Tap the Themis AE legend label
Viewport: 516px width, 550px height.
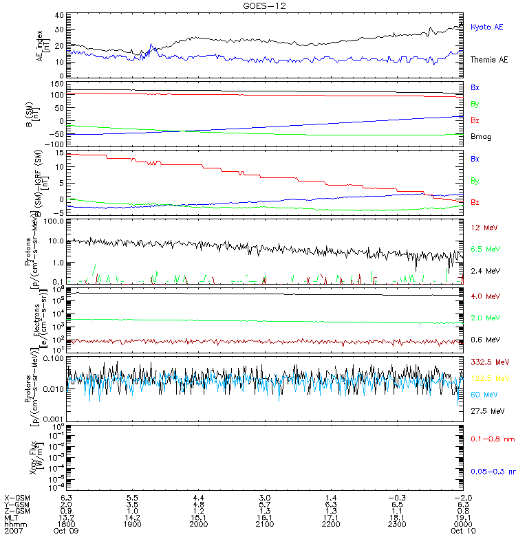(x=488, y=60)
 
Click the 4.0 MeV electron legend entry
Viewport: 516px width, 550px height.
(x=484, y=296)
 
